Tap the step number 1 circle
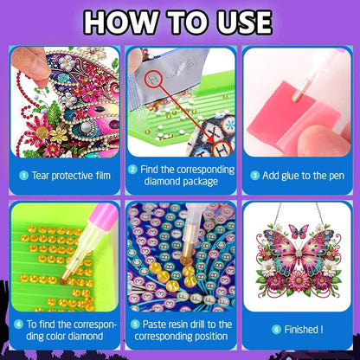[23, 176]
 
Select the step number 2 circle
[132, 170]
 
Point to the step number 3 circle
[254, 176]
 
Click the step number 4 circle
[18, 325]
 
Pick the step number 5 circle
[135, 325]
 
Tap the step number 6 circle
[276, 330]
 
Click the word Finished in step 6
[300, 330]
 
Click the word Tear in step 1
[41, 176]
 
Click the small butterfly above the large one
[299, 231]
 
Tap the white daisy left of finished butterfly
[268, 268]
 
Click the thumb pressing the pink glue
[322, 140]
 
